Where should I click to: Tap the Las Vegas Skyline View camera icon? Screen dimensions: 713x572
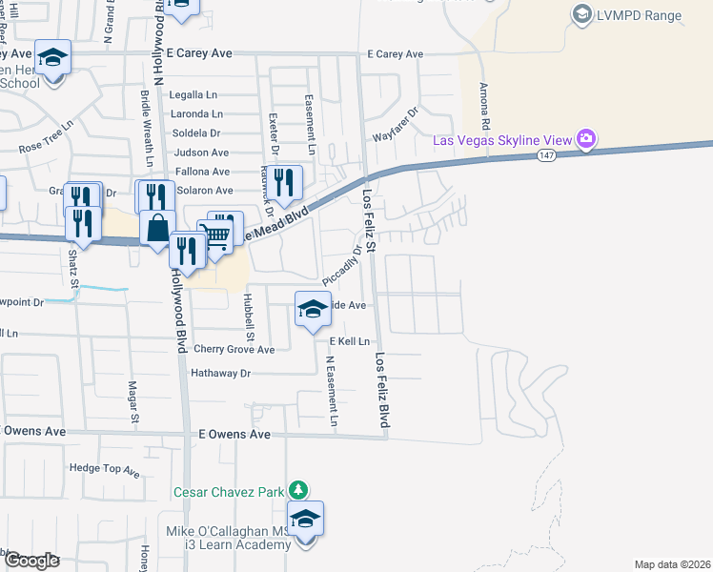(x=586, y=139)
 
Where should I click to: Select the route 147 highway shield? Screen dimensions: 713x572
(x=545, y=155)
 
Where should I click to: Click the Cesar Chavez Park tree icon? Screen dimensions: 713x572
(x=298, y=490)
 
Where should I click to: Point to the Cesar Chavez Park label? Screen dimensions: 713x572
(x=229, y=492)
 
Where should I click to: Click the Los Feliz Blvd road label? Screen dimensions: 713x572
(x=383, y=391)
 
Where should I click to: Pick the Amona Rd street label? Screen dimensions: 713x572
(x=484, y=106)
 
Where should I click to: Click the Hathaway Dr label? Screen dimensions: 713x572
(x=220, y=374)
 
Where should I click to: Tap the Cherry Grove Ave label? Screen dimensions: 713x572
(x=234, y=350)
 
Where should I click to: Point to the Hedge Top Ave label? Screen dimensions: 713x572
(x=105, y=469)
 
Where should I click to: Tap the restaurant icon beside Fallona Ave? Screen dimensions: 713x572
(x=283, y=179)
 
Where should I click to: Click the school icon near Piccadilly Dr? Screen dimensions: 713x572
(x=312, y=309)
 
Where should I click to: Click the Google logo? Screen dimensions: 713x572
(x=31, y=561)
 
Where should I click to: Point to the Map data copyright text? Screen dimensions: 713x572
(x=671, y=564)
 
